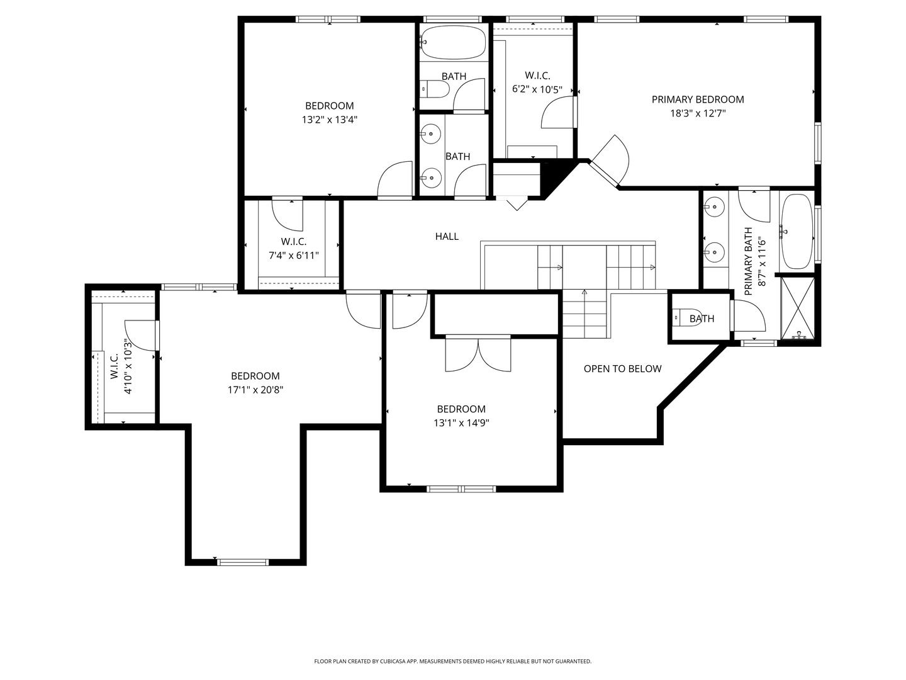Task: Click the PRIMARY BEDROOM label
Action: tap(698, 99)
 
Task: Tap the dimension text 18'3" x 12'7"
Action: tap(698, 113)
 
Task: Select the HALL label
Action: tap(447, 236)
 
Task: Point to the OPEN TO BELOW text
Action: tap(622, 369)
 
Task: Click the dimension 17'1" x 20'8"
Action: tap(255, 390)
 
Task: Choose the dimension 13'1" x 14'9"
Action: tap(461, 422)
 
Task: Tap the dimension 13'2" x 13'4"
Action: tap(330, 120)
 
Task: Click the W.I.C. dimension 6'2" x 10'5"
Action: tap(537, 89)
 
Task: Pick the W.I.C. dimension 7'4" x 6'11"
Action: tap(293, 255)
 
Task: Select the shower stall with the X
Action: tap(797, 308)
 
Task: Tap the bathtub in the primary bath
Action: tap(797, 232)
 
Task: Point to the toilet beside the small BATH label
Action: tap(687, 318)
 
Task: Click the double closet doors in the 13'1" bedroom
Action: tap(478, 354)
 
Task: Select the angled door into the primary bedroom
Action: tap(609, 160)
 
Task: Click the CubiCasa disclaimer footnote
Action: tap(453, 661)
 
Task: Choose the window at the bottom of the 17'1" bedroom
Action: tap(243, 562)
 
